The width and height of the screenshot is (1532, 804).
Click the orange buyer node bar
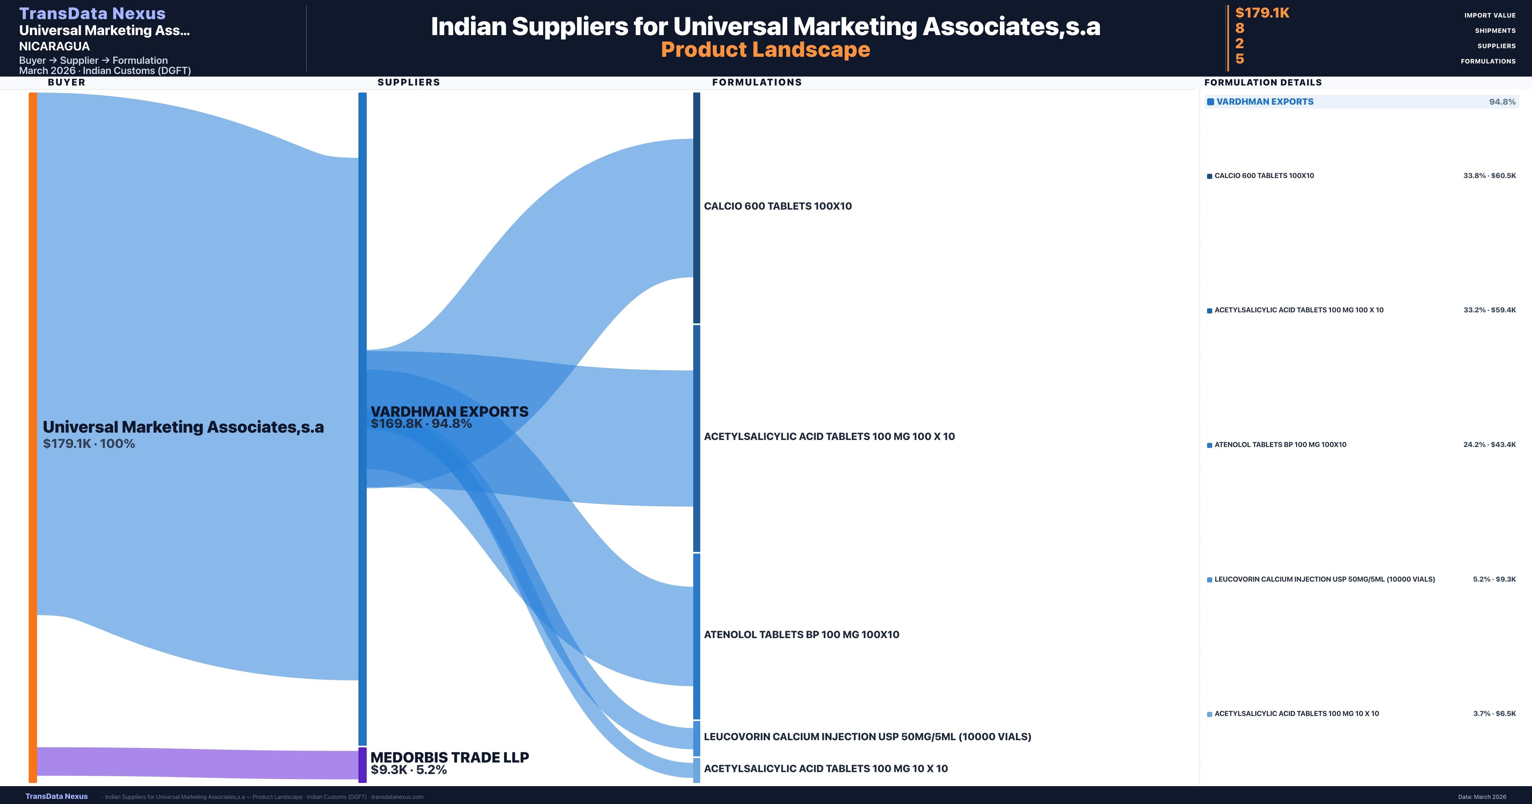point(33,437)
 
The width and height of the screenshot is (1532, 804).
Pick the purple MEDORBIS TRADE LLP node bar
point(362,765)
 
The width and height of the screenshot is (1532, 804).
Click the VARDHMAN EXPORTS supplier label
point(449,412)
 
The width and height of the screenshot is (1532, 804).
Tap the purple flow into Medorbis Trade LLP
point(196,763)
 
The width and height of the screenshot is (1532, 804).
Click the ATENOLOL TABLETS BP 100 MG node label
point(801,635)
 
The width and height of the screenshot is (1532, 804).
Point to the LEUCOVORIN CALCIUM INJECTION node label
point(867,737)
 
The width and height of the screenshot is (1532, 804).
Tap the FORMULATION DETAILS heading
point(1263,83)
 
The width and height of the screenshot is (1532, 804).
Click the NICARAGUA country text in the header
point(54,46)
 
